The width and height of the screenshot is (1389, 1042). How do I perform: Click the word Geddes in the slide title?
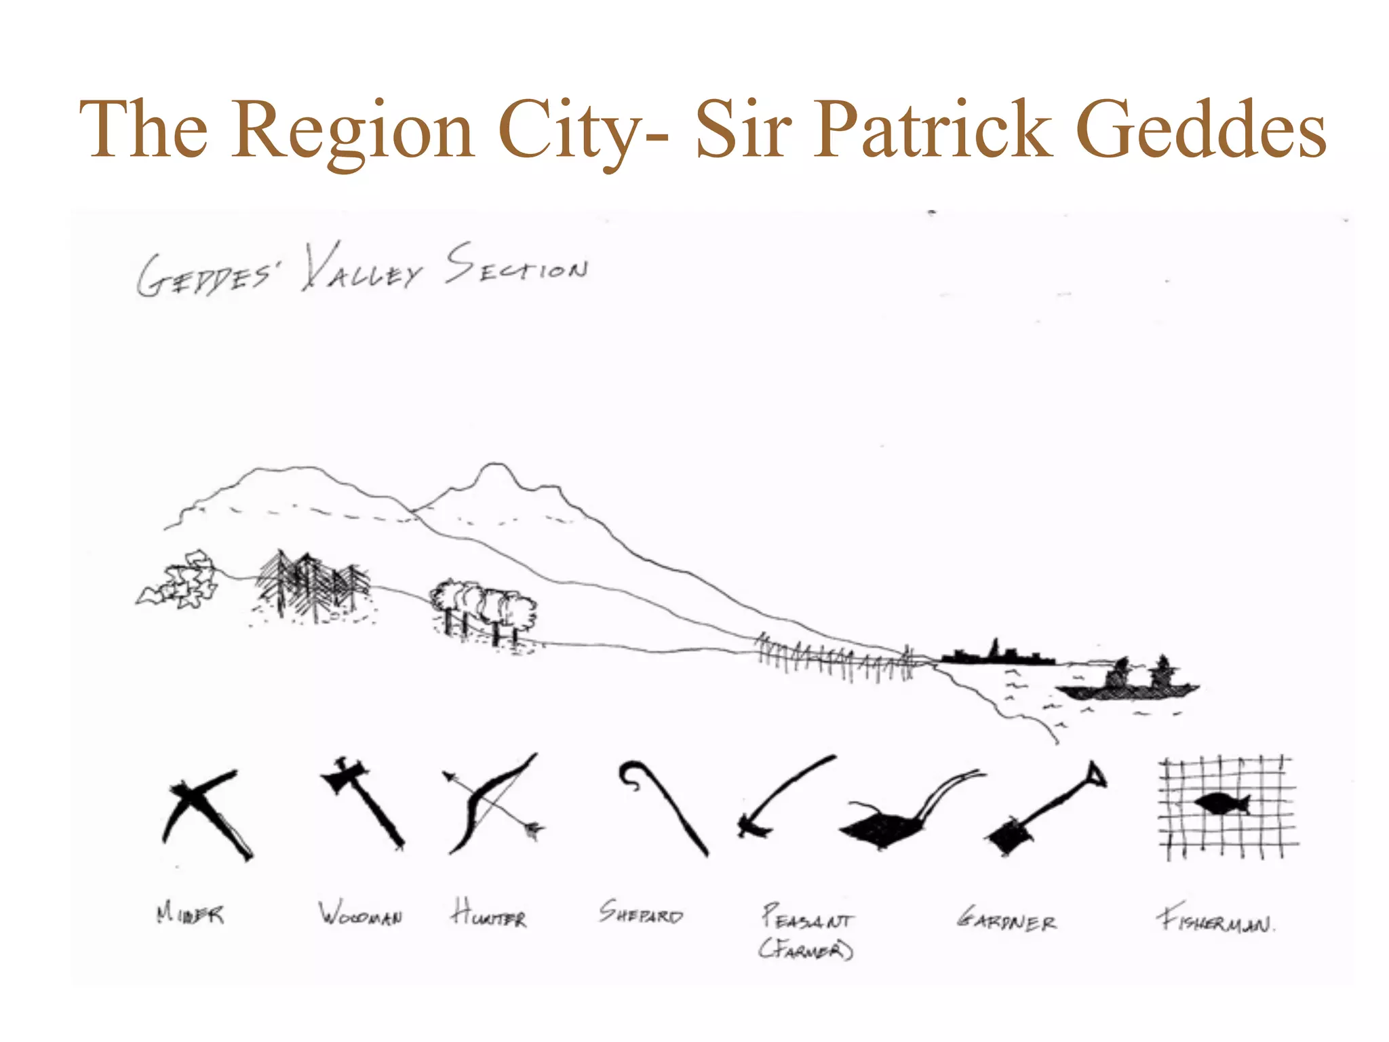(1200, 129)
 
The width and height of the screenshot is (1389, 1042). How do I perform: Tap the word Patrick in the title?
(934, 129)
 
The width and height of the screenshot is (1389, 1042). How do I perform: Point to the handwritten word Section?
(517, 266)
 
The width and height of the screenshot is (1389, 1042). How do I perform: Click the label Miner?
(190, 913)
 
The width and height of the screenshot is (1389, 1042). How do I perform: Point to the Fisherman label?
(1215, 920)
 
